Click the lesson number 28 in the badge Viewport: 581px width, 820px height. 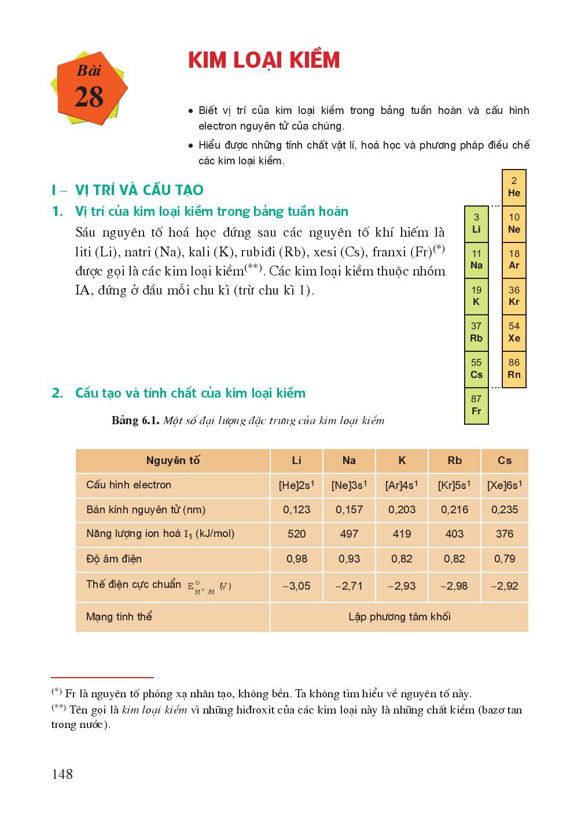click(x=89, y=97)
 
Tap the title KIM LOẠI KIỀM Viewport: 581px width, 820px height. click(x=264, y=60)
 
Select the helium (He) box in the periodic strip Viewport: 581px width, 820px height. click(x=514, y=187)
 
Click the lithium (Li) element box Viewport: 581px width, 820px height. click(x=476, y=223)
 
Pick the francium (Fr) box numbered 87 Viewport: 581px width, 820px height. click(x=476, y=405)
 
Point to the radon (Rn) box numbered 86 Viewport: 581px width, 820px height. click(x=514, y=369)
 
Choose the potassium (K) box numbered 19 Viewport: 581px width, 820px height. click(x=476, y=296)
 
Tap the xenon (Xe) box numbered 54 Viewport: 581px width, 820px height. click(x=514, y=332)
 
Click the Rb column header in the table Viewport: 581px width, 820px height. click(x=454, y=461)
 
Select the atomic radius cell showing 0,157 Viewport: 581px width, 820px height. click(x=349, y=510)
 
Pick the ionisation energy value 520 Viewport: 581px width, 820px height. click(x=296, y=534)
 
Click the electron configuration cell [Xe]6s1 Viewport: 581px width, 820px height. click(x=504, y=486)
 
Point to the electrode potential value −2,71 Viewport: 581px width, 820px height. click(x=349, y=586)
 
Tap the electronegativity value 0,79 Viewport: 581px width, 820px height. click(x=504, y=559)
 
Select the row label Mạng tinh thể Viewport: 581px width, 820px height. click(x=119, y=617)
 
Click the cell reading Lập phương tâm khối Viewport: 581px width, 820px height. click(x=399, y=617)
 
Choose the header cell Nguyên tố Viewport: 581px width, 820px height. click(x=172, y=461)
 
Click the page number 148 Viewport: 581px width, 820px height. click(x=62, y=774)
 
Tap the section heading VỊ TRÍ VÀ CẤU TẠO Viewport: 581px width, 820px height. click(x=139, y=190)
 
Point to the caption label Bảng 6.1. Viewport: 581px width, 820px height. click(x=135, y=421)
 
